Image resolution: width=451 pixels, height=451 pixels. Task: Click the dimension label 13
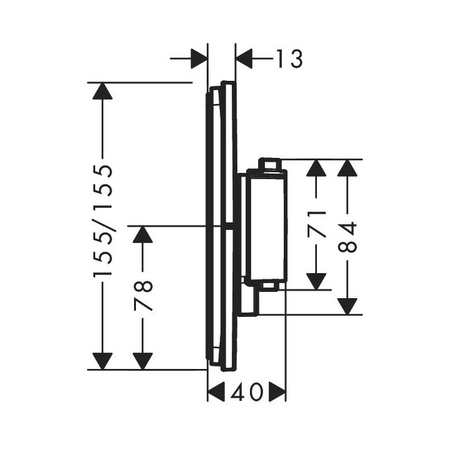pos(289,59)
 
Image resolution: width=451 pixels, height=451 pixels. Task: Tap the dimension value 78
pos(143,297)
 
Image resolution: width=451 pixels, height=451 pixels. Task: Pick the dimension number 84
pos(349,237)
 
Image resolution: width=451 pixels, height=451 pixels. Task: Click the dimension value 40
pos(246,394)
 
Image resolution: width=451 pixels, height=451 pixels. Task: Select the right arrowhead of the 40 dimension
pos(277,394)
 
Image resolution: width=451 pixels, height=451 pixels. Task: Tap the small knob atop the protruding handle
pos(271,163)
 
